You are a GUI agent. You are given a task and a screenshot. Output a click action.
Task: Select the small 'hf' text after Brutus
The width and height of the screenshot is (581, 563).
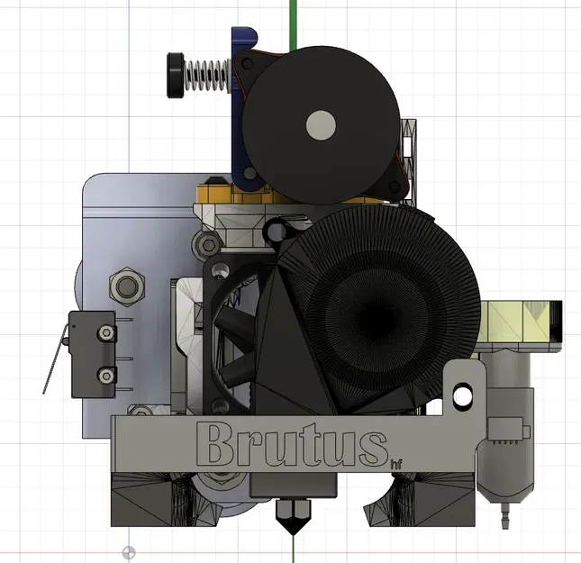(395, 464)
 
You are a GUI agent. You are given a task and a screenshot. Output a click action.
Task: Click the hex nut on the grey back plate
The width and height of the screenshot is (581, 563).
(125, 287)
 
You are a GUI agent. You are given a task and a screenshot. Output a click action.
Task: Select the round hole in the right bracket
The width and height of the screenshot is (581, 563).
(464, 395)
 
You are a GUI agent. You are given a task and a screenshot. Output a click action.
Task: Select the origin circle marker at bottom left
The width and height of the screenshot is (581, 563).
(130, 552)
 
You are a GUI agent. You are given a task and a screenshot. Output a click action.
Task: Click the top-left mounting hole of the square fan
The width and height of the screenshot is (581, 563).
(217, 269)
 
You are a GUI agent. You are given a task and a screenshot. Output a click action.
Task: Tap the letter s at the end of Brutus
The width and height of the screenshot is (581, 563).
(366, 448)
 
